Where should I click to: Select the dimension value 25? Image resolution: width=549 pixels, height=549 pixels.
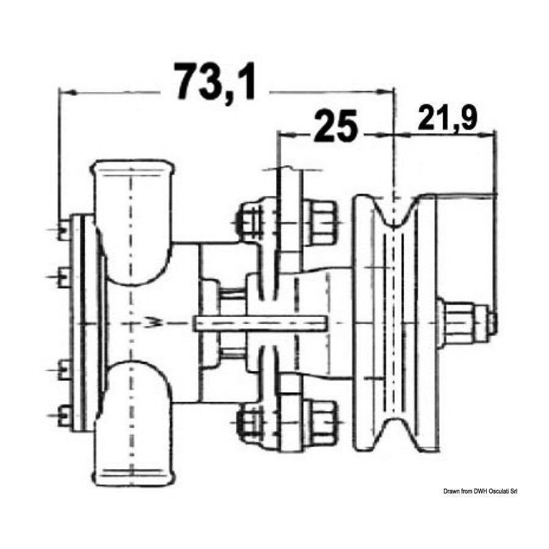click(335, 126)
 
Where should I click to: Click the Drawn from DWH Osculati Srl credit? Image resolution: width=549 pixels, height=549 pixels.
click(480, 491)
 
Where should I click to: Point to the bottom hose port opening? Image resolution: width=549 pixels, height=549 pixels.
click(132, 475)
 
